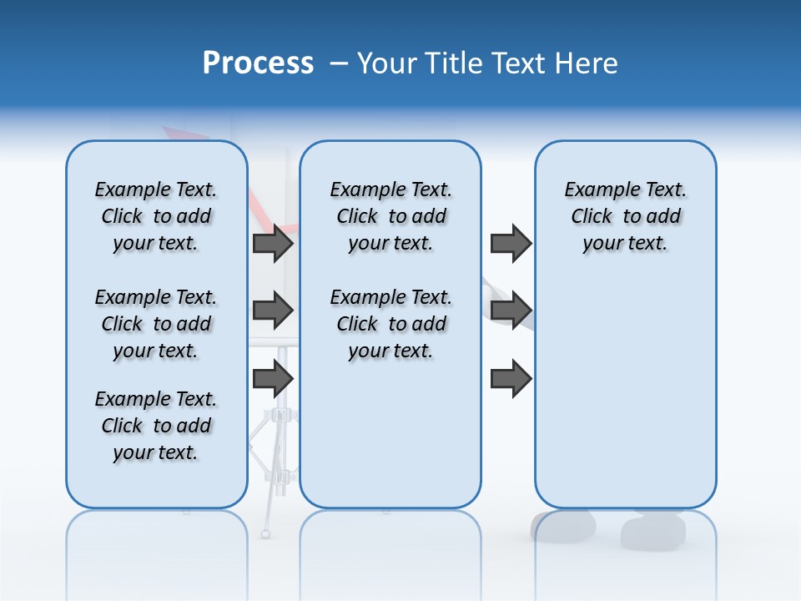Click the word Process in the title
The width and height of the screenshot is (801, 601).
(258, 63)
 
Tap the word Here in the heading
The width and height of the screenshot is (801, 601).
(587, 63)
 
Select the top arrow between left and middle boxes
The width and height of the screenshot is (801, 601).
(273, 244)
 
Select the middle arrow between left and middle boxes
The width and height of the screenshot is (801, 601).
(273, 311)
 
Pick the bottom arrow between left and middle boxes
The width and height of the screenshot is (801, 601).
(273, 379)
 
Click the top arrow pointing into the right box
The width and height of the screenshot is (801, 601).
(511, 244)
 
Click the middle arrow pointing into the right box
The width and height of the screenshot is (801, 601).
(511, 311)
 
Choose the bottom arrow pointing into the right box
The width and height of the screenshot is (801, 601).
(511, 379)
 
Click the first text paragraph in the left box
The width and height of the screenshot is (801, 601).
(156, 216)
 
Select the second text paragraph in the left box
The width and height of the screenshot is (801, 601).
(156, 324)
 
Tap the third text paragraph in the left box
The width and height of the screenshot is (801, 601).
(156, 426)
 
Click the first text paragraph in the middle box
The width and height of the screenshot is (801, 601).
(390, 216)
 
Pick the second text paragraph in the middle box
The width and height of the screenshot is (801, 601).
(390, 324)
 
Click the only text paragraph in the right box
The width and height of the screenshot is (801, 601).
(625, 216)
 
